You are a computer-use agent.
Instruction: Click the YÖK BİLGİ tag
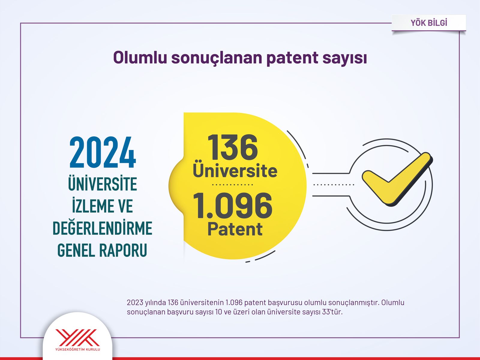coord(429,23)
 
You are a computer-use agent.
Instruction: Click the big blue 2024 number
coord(103,152)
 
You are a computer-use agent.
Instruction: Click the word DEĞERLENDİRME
coord(102,227)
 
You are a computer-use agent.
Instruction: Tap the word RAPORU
coord(123,250)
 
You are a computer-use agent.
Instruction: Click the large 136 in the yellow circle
coord(233,147)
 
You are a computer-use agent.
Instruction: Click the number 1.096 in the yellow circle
coord(233,205)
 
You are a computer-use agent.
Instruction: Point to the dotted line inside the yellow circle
coord(232,185)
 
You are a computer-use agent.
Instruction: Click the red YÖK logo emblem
coord(78,337)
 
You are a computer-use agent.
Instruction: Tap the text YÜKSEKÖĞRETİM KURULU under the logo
coord(78,349)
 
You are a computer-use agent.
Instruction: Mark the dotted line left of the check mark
coord(334,185)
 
